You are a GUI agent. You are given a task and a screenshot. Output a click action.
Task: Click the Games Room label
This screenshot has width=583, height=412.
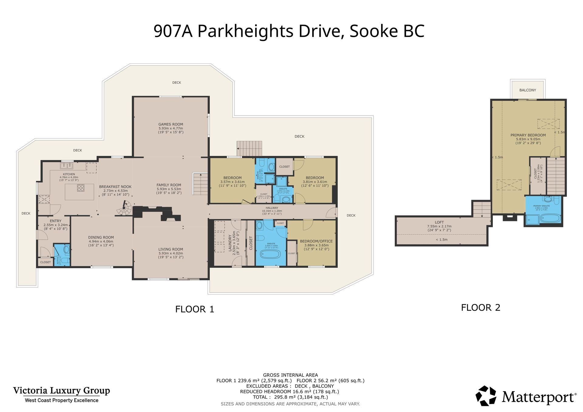pyautogui.click(x=171, y=124)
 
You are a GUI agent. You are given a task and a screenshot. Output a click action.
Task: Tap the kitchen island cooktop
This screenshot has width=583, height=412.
pyautogui.click(x=80, y=188)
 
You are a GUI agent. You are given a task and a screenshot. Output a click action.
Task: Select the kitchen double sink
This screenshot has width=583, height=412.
pyautogui.click(x=66, y=166)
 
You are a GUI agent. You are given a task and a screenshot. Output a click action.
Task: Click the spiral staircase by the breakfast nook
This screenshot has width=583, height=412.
pyautogui.click(x=124, y=208)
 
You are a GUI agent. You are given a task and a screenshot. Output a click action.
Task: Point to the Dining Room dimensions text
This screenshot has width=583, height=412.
pyautogui.click(x=101, y=243)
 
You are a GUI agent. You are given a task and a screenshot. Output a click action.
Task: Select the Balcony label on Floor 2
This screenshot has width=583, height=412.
pyautogui.click(x=527, y=90)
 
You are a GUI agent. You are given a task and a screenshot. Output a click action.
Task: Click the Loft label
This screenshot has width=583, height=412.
pyautogui.click(x=439, y=222)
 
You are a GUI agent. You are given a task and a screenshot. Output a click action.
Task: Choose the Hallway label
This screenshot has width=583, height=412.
pyautogui.click(x=272, y=208)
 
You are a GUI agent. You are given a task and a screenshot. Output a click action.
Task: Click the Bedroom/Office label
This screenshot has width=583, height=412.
pyautogui.click(x=316, y=241)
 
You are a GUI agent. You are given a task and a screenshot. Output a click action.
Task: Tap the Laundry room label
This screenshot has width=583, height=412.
pyautogui.click(x=230, y=243)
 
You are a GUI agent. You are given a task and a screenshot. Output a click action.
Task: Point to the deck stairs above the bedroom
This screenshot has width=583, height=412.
pyautogui.click(x=249, y=148)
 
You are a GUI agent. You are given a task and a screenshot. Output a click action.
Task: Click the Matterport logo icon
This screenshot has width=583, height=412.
pyautogui.click(x=486, y=396)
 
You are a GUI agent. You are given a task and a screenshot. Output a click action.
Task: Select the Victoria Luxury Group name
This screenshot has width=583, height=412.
pyautogui.click(x=61, y=390)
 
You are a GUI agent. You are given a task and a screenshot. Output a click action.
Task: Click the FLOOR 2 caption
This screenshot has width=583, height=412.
pyautogui.click(x=480, y=308)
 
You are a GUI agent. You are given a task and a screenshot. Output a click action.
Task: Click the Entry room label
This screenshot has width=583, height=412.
pyautogui.click(x=56, y=221)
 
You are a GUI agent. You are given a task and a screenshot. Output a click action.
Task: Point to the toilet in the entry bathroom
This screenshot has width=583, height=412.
pyautogui.click(x=66, y=251)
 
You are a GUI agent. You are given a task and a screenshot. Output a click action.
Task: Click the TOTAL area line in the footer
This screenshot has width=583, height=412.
pyautogui.click(x=290, y=397)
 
